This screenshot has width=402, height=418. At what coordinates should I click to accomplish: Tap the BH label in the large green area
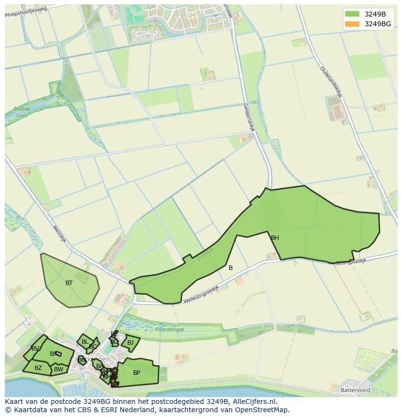(275, 238)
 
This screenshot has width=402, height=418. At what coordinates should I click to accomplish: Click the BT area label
(69, 283)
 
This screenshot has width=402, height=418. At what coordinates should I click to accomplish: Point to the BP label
(136, 373)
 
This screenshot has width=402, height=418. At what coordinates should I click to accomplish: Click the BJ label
(130, 343)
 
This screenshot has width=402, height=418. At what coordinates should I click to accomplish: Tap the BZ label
(38, 368)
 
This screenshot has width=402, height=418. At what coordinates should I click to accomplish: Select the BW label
(59, 369)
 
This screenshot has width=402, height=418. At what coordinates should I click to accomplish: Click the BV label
(35, 349)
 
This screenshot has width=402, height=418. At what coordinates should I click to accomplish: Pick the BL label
(85, 342)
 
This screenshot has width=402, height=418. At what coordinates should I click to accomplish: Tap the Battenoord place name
(355, 390)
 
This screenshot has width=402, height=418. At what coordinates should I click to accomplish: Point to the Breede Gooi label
(22, 112)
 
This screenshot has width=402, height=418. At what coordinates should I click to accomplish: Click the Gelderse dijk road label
(249, 117)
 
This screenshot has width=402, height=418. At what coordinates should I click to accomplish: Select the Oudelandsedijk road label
(331, 81)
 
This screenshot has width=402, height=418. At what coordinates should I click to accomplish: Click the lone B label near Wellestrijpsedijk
(231, 268)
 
